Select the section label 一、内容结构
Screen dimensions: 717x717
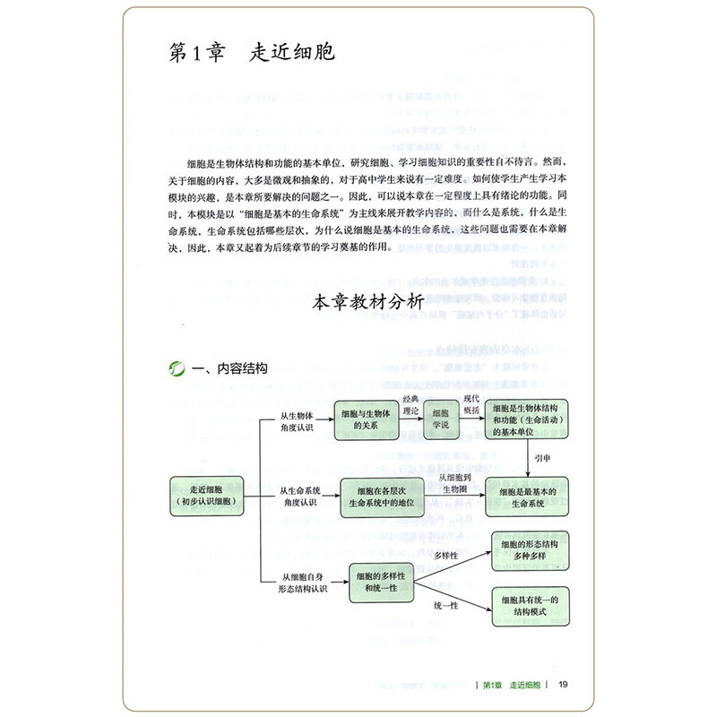coord(216,368)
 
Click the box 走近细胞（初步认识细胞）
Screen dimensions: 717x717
coord(203,495)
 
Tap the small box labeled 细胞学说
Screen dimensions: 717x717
coord(440,419)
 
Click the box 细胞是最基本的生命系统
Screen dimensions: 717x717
coord(527,494)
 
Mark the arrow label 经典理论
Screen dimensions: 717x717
coord(410,404)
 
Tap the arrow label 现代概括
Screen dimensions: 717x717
coord(471,404)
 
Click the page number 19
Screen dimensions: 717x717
coord(562,686)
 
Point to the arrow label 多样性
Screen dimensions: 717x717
coord(446,556)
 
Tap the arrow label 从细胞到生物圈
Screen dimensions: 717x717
coord(459,484)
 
